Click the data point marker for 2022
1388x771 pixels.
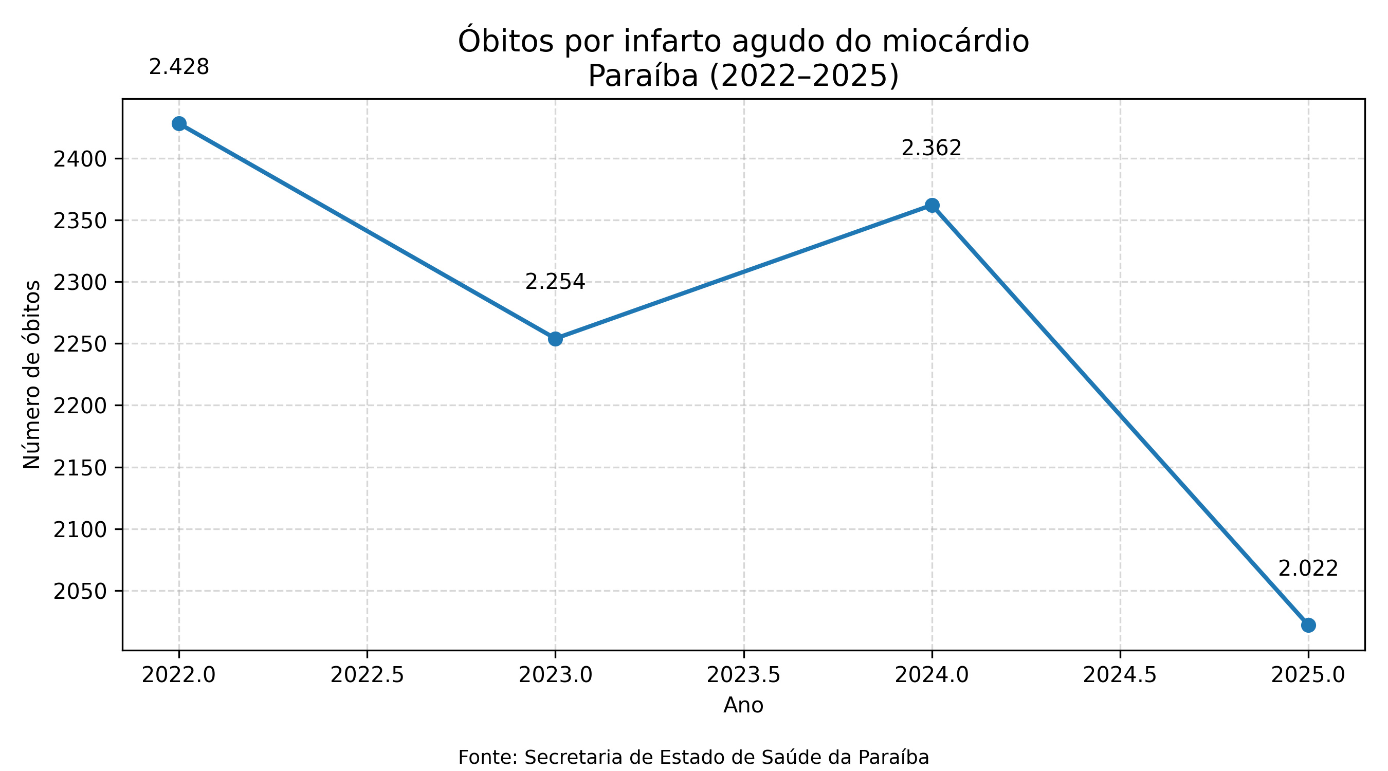coord(179,123)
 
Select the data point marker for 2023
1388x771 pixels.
coord(555,339)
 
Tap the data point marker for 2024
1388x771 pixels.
coord(932,205)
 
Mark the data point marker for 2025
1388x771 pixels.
coord(1308,625)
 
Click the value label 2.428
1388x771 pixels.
coord(179,68)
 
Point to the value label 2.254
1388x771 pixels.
coord(555,282)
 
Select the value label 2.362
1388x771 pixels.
coord(931,148)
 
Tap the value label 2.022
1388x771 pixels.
coord(1308,569)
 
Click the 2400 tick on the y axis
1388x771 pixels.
coord(80,159)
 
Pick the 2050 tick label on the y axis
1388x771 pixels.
coord(80,592)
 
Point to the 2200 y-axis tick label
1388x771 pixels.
coord(80,406)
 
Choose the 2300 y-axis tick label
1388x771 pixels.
coord(80,283)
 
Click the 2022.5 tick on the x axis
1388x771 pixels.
coord(367,674)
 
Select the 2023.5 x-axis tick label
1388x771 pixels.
coord(743,674)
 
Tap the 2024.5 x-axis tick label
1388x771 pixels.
coord(1120,674)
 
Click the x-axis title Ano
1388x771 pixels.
coord(743,705)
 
